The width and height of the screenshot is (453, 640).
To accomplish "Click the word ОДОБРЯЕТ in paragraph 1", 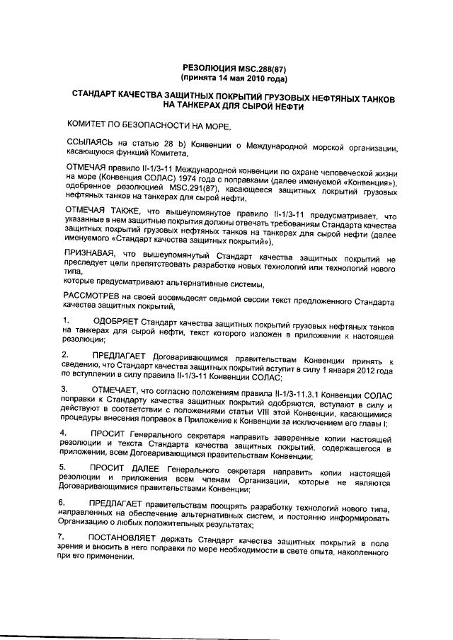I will [x=116, y=323].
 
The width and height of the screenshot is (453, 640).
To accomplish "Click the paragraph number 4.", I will [x=65, y=432].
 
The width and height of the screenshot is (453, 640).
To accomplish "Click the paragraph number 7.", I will [x=65, y=537].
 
